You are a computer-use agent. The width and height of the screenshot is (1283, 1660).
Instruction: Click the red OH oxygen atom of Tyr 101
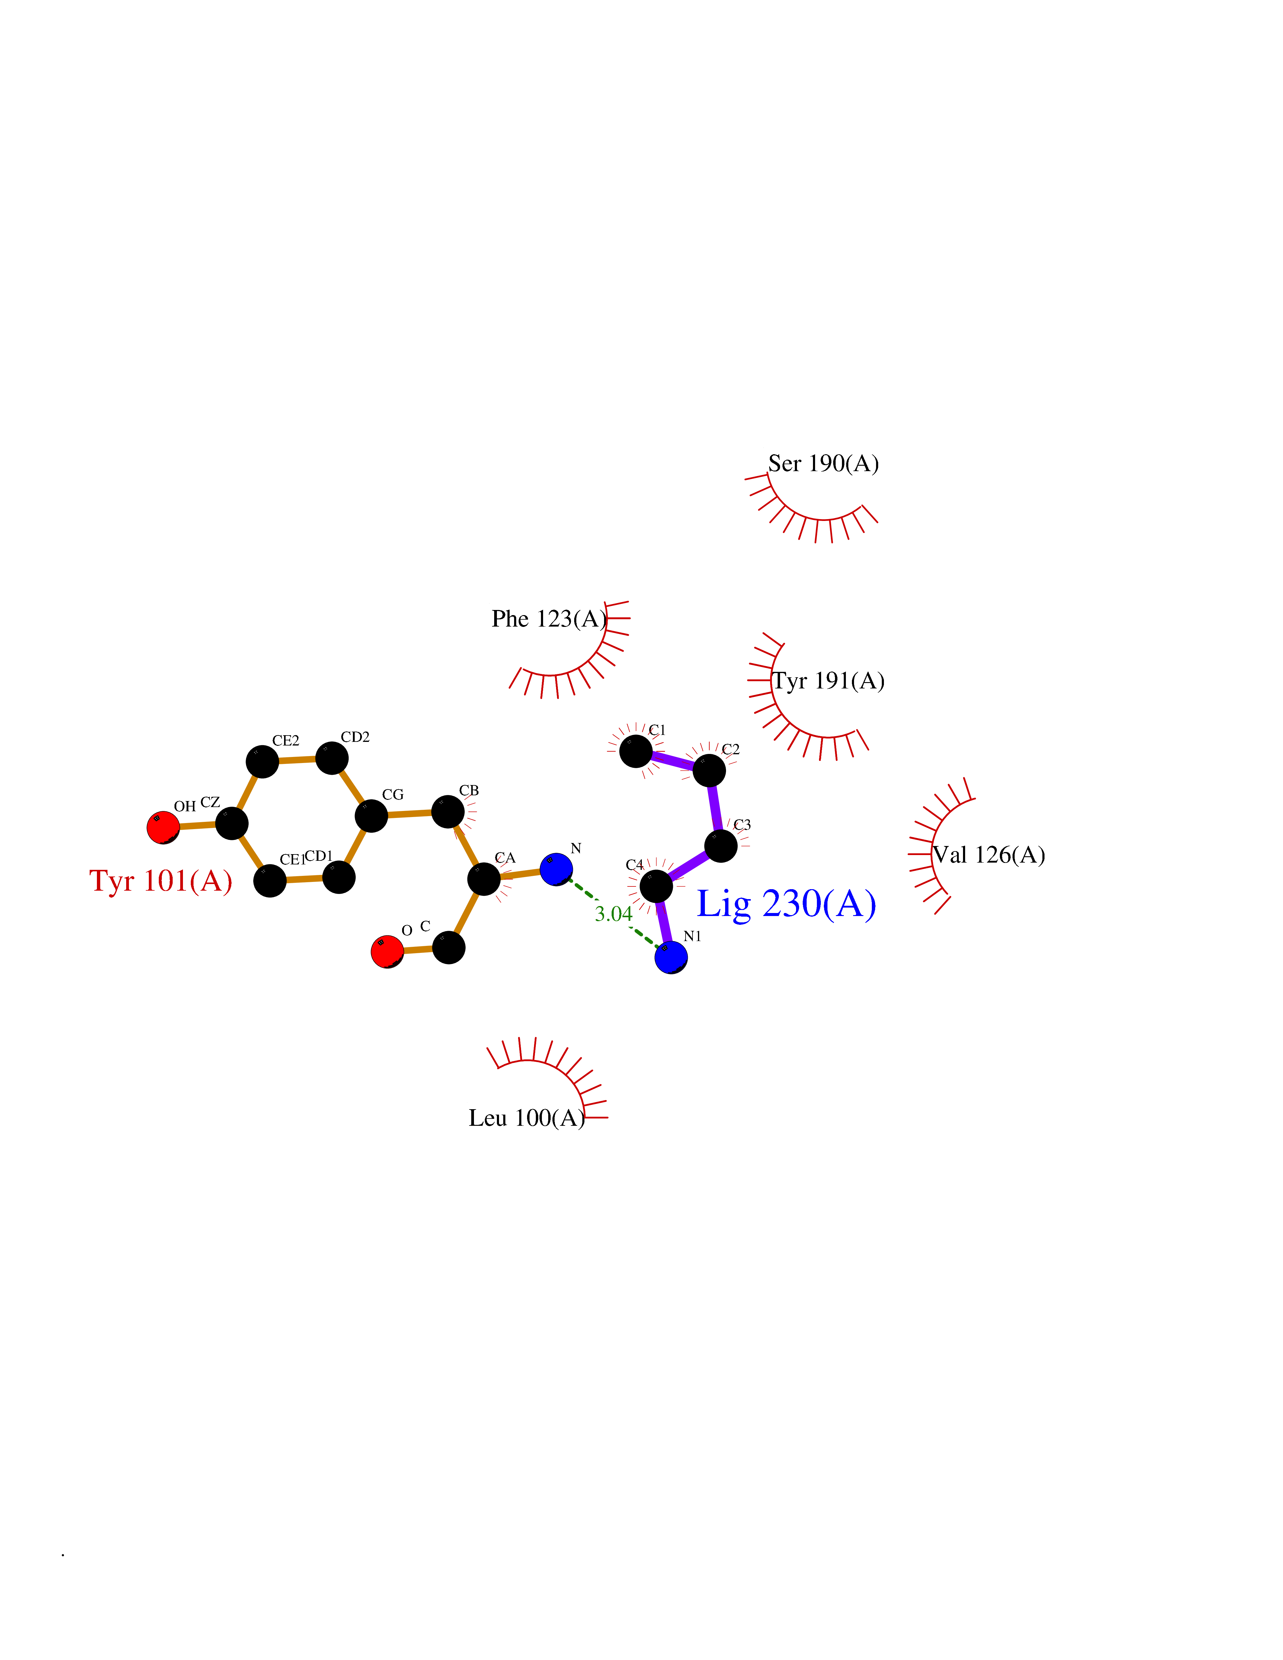163,827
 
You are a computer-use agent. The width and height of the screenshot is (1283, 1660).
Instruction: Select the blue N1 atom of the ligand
671,957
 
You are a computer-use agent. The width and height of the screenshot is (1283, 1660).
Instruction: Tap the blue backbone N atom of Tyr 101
556,869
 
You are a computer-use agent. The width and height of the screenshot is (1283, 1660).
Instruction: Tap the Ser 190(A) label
823,463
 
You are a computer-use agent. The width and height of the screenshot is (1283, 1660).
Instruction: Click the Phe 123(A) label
549,619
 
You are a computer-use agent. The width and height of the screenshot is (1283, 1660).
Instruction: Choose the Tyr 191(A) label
828,681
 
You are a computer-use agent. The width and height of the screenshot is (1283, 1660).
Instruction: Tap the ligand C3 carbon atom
721,846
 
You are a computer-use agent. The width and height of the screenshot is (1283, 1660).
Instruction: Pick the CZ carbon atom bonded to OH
232,823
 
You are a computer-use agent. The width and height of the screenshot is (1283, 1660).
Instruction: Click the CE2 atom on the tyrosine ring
262,761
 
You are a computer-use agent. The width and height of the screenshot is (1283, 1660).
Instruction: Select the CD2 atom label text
355,737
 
